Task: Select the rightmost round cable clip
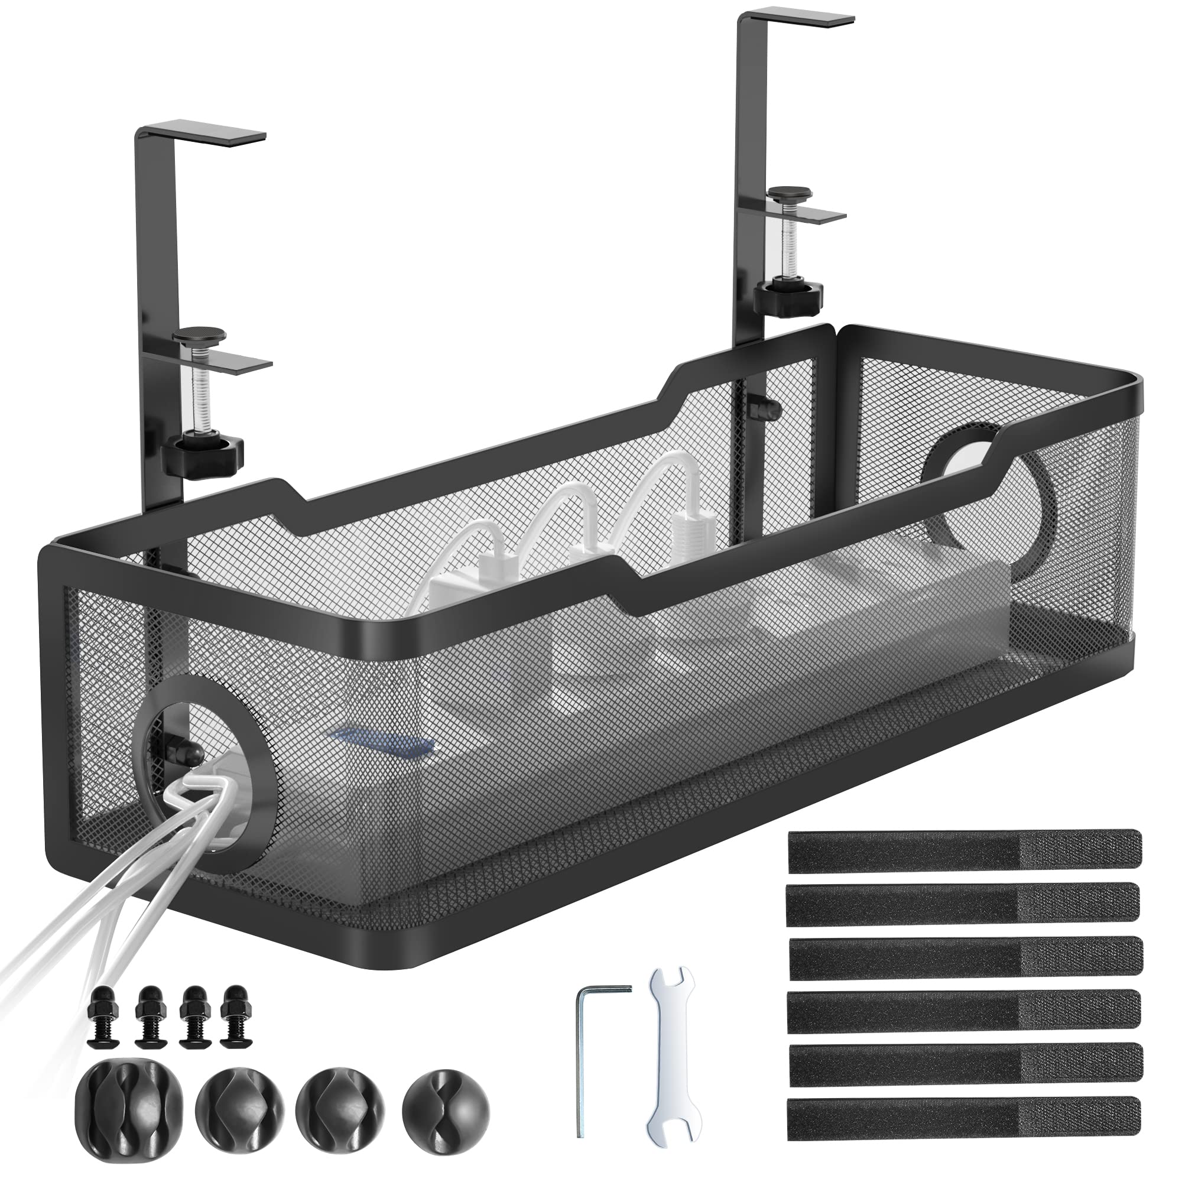point(446,1098)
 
